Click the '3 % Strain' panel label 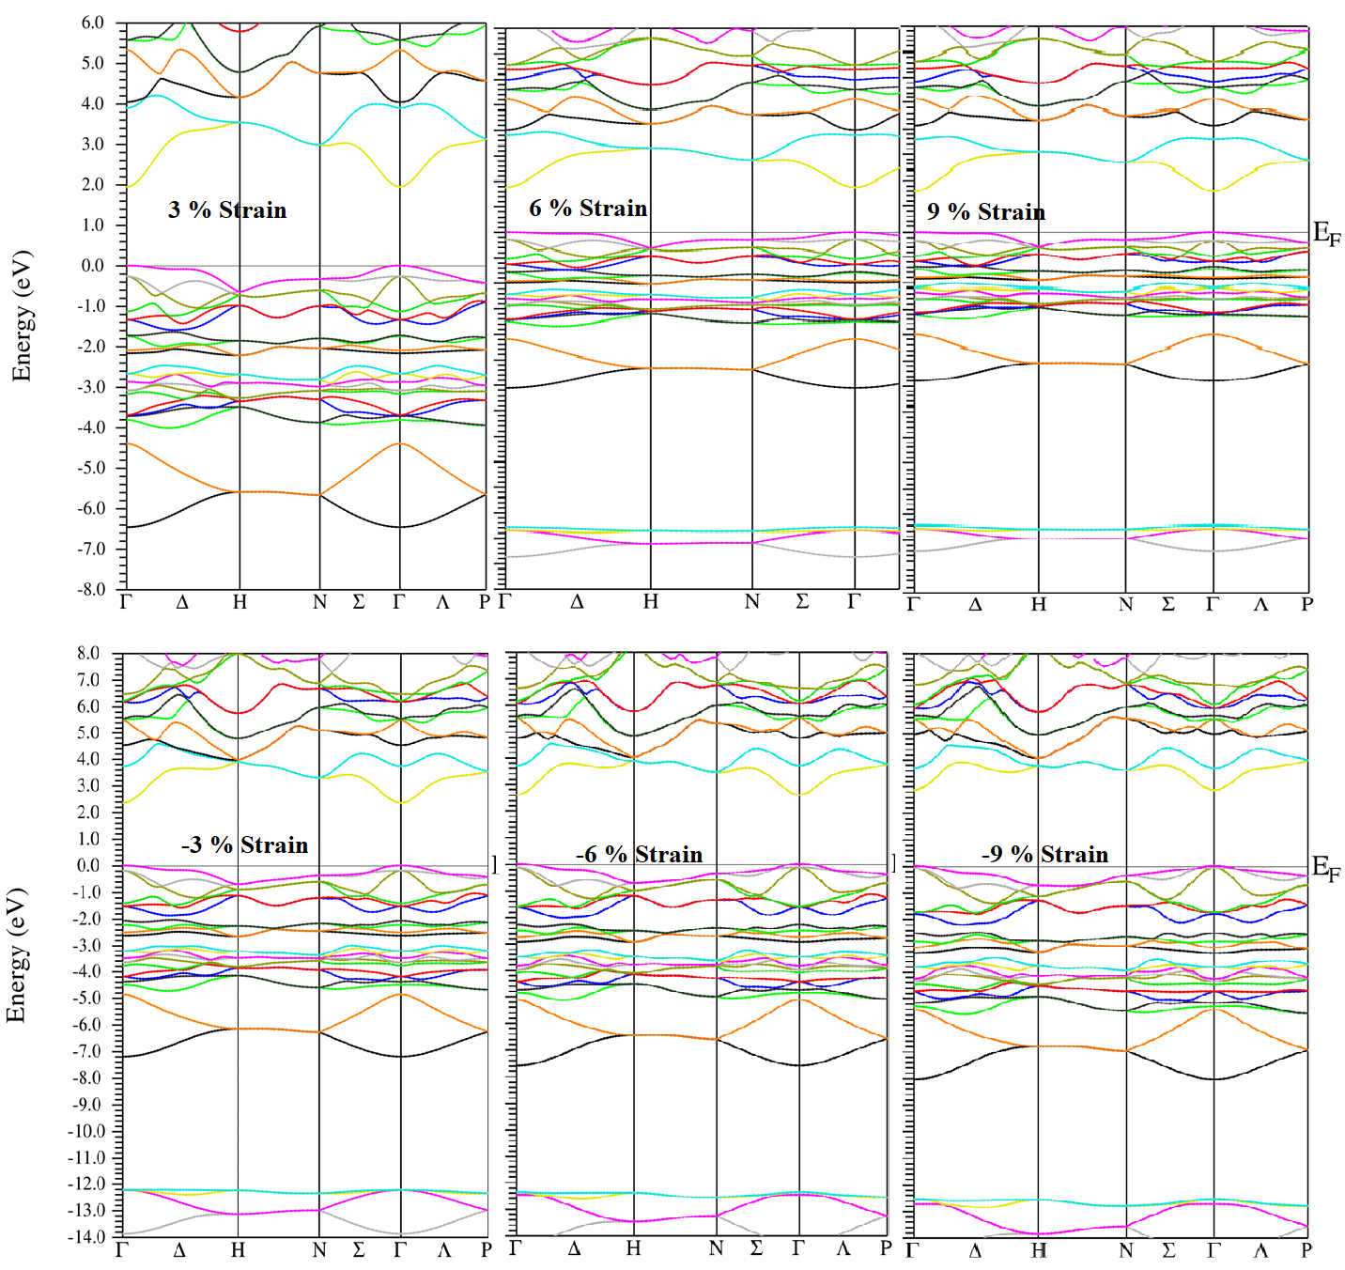tap(227, 209)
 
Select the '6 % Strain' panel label tap(588, 208)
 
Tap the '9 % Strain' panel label tap(986, 211)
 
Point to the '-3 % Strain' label tap(245, 844)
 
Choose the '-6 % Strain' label tap(640, 854)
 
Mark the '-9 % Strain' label tap(1045, 854)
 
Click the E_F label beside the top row tap(1326, 234)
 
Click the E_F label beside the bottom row tap(1326, 868)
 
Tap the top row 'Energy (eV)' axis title tap(21, 316)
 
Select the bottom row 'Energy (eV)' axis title tap(16, 954)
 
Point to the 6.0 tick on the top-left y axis tap(92, 23)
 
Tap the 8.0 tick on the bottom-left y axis tap(88, 654)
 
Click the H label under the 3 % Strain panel tap(240, 602)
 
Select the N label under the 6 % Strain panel tap(751, 602)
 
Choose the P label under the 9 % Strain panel tap(1306, 604)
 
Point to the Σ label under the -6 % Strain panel tap(756, 1249)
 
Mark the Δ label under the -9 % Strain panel tap(975, 1250)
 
